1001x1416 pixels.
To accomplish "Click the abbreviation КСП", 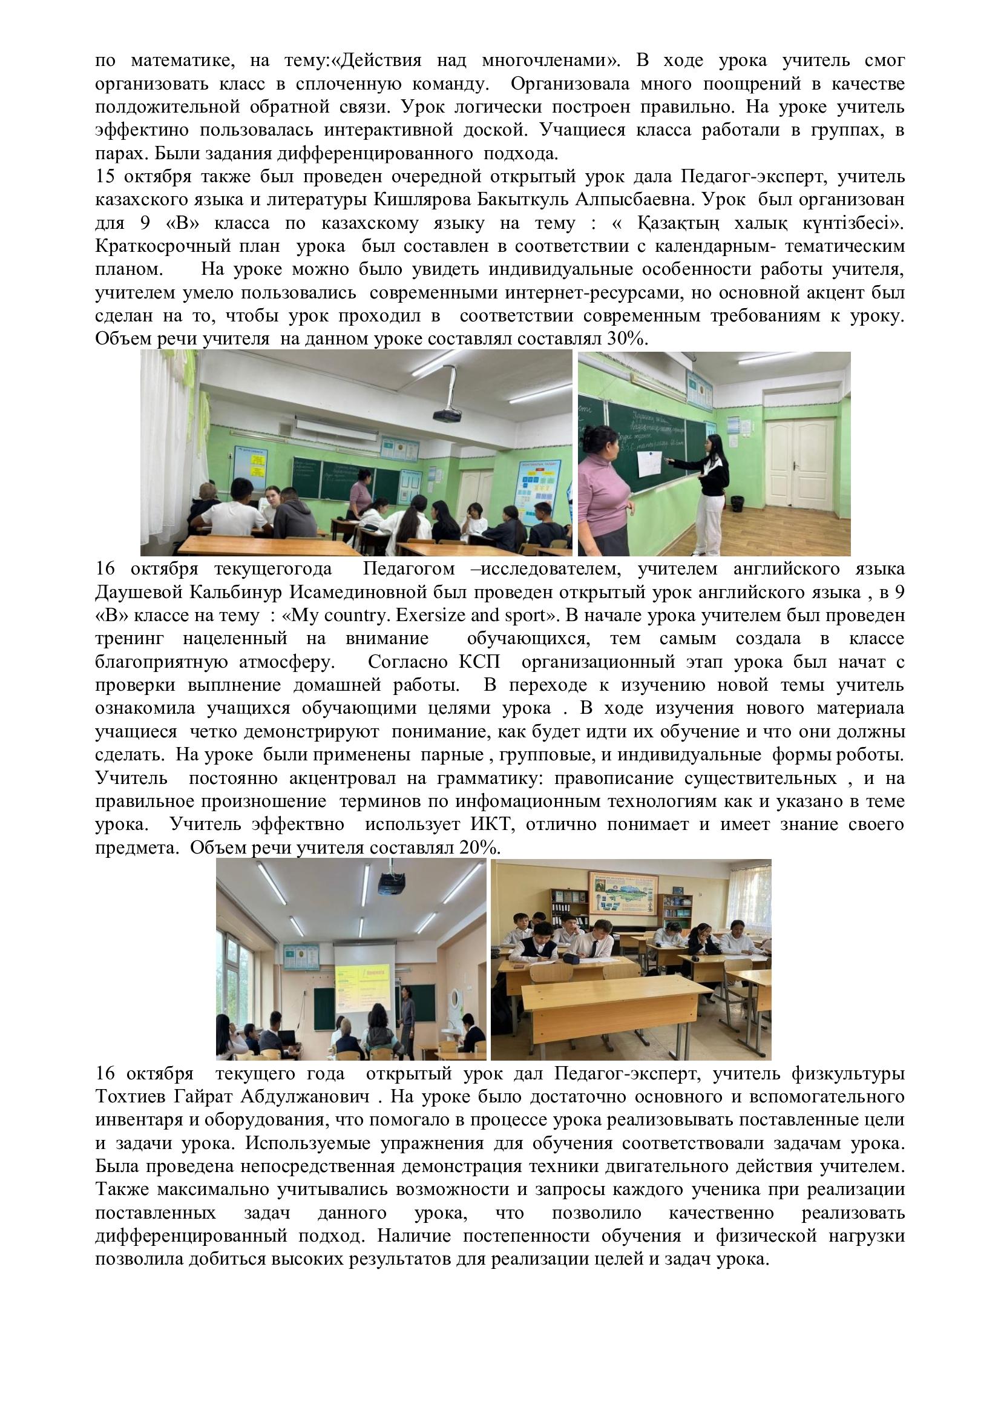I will pos(479,662).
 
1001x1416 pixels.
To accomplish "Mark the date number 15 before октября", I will pos(105,177).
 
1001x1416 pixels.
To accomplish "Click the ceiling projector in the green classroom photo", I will pos(447,415).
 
